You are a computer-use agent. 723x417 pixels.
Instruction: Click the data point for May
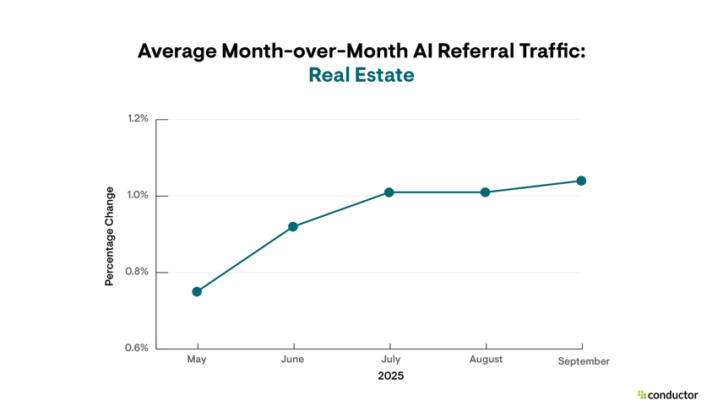tap(197, 291)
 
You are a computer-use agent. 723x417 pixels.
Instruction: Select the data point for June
tap(293, 226)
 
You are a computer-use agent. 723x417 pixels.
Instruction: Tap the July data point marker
tap(389, 192)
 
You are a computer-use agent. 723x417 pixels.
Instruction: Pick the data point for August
tap(486, 192)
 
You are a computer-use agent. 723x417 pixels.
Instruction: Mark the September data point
tap(581, 181)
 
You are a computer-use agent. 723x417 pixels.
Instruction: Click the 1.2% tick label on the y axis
tap(138, 119)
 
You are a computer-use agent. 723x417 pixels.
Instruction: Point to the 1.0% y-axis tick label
tap(138, 196)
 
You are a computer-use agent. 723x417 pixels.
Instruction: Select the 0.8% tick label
tap(138, 272)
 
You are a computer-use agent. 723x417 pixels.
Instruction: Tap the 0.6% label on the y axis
tap(138, 348)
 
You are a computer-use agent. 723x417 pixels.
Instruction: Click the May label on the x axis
tap(197, 360)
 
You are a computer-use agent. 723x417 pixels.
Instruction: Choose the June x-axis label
tap(293, 360)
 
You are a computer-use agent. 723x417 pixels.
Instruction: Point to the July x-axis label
tap(389, 360)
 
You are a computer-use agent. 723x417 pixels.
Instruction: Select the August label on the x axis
tap(486, 360)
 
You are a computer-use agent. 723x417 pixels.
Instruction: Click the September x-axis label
tap(584, 361)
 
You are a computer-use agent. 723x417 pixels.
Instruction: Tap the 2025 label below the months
tap(390, 376)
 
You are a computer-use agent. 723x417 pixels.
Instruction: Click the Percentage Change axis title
tap(109, 247)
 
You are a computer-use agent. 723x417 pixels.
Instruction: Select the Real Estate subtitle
tap(361, 75)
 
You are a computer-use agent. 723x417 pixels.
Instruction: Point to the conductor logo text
tap(673, 394)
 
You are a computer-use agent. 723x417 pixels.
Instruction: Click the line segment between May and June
tap(245, 259)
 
